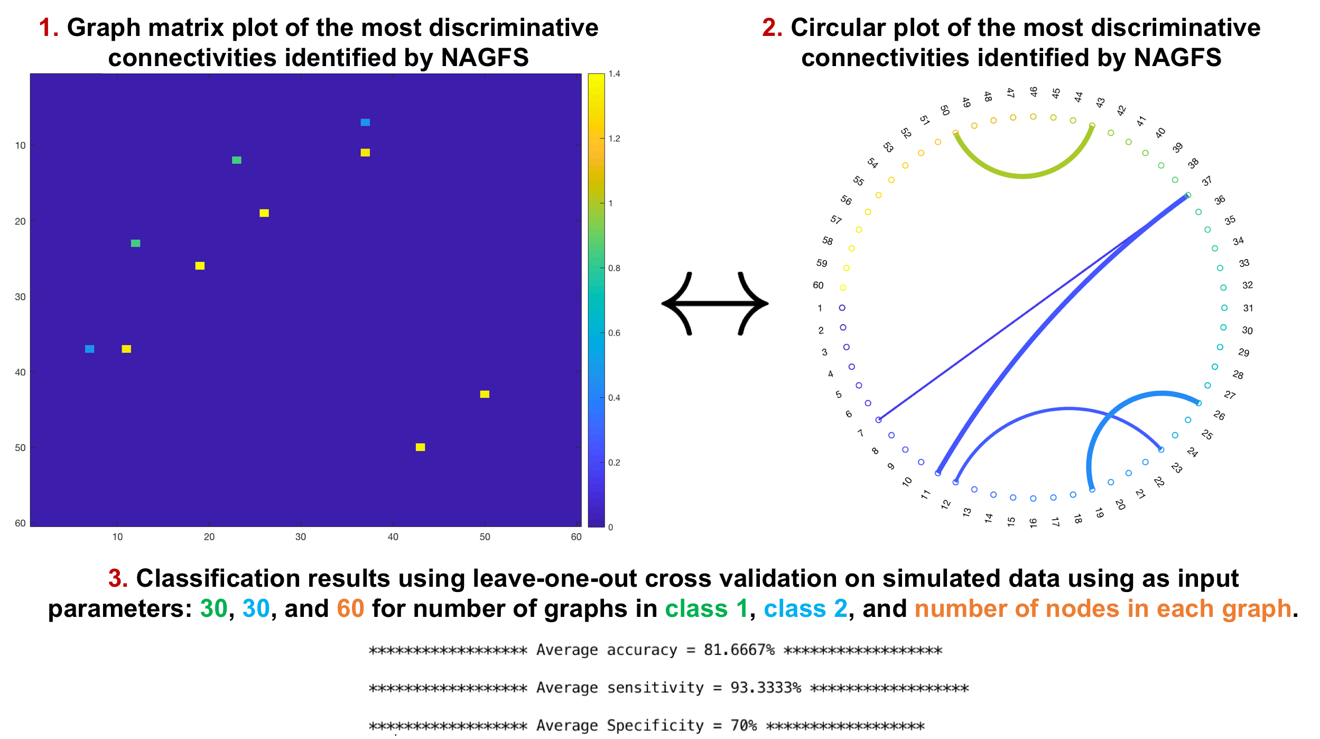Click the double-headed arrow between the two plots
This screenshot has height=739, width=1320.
coord(714,303)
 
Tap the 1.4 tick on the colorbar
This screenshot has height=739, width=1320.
coord(613,74)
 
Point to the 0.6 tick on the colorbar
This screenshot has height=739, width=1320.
coord(613,333)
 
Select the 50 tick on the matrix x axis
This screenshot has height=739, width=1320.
coord(485,537)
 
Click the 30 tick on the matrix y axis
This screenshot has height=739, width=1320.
coord(20,297)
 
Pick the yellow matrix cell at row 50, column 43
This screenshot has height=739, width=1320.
coord(420,447)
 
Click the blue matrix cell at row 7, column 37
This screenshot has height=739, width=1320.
coord(365,123)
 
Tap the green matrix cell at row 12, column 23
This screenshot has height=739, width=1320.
coord(237,160)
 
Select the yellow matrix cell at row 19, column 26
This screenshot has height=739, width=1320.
coord(264,213)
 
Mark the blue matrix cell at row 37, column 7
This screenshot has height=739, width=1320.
coord(90,349)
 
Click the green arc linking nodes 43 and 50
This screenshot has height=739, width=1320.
coord(1023,175)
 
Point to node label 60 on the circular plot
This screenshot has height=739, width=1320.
coord(818,285)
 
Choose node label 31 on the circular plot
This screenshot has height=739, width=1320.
coord(1248,308)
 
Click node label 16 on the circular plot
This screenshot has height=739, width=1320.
coord(1033,523)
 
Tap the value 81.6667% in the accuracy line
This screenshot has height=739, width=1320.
coord(739,650)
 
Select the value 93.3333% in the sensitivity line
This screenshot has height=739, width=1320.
coord(765,688)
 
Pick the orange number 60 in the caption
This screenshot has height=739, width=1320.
coord(350,608)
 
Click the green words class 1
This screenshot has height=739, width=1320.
coord(706,608)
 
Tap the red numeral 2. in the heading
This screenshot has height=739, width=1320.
coord(772,27)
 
